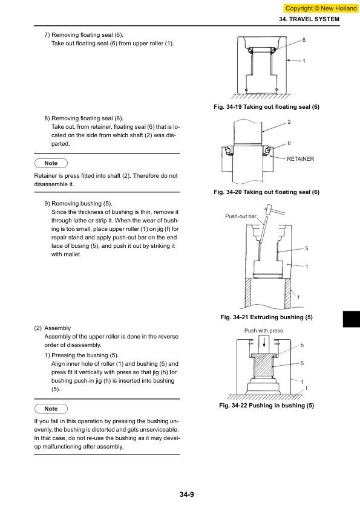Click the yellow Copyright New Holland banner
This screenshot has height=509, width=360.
click(321, 8)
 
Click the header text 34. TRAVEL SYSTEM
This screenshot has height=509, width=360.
click(309, 19)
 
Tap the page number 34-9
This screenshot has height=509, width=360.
click(187, 494)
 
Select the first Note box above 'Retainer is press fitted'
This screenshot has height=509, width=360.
click(51, 163)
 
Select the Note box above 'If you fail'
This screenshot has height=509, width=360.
click(51, 409)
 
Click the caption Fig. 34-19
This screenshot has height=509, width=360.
click(266, 107)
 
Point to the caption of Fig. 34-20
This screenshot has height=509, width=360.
click(266, 192)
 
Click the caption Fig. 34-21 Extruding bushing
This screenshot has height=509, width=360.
click(266, 317)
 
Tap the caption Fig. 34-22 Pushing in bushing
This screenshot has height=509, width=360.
click(266, 406)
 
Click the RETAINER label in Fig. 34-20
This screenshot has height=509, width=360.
click(301, 159)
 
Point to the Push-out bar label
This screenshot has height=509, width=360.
click(241, 216)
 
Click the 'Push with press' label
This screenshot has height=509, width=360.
click(264, 331)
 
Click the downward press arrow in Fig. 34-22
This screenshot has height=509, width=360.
click(264, 343)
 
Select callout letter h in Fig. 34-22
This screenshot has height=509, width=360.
click(302, 345)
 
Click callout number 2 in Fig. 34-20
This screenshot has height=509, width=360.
click(289, 122)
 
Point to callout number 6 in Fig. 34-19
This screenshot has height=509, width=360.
click(304, 40)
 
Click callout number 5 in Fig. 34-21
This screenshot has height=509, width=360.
click(306, 248)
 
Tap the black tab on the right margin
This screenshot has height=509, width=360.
click(352, 319)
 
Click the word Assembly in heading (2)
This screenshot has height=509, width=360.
click(57, 328)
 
